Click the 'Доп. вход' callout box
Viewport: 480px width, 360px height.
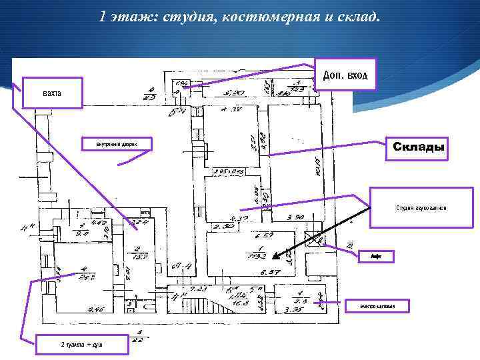344,75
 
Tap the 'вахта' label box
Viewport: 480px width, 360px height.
52,92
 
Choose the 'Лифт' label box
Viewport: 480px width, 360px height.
375,255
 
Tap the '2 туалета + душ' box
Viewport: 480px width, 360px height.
71,345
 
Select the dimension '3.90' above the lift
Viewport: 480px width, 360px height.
295,217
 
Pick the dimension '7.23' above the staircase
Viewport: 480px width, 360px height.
198,288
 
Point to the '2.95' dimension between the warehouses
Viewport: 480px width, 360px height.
219,172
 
